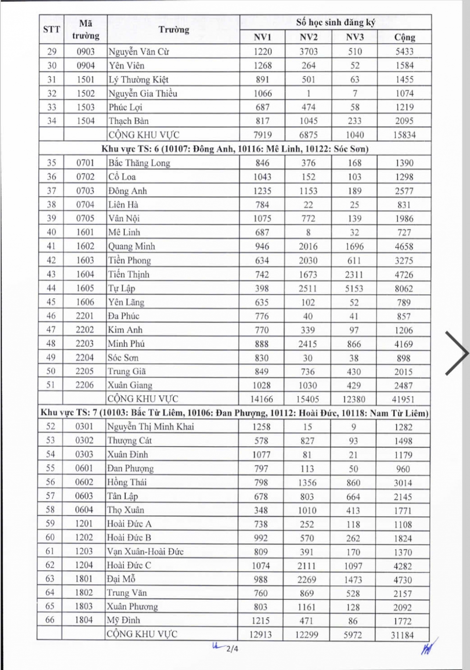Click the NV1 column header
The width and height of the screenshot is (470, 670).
click(x=262, y=37)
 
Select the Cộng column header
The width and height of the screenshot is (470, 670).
click(x=404, y=37)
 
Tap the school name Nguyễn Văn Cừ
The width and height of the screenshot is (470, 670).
click(x=139, y=51)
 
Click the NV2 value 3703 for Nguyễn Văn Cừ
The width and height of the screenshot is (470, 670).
click(x=308, y=51)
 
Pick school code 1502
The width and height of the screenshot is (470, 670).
click(x=85, y=93)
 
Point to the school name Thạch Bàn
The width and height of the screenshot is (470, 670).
click(x=129, y=121)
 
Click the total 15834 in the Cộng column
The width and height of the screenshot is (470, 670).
click(x=404, y=135)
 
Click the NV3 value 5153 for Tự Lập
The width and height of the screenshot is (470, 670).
click(x=354, y=289)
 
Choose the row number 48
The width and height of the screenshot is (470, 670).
click(x=51, y=344)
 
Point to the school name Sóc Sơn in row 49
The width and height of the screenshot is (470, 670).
click(x=123, y=358)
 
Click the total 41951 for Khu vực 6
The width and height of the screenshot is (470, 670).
click(x=403, y=399)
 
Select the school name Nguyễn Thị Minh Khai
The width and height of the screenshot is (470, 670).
click(x=151, y=427)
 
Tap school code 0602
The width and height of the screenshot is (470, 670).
click(x=84, y=482)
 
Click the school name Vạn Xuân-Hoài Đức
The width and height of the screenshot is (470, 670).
click(x=145, y=552)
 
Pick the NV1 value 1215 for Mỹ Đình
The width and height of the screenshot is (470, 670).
click(x=261, y=621)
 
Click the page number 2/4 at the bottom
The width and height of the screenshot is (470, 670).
click(x=232, y=649)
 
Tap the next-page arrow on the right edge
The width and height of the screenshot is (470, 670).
click(x=457, y=353)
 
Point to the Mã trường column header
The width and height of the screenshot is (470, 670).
click(x=85, y=29)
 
